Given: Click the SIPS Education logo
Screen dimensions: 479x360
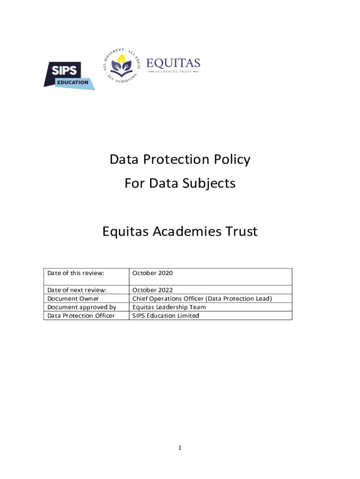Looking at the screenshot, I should click(69, 76).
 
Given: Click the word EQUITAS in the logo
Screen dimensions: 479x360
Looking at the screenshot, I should click(173, 63).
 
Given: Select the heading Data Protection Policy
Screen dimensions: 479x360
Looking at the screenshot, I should click(180, 160).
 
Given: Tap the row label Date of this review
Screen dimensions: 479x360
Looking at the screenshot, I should click(76, 273).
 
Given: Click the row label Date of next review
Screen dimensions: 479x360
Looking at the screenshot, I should click(77, 290).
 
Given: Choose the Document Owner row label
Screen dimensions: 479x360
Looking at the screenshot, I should click(73, 298).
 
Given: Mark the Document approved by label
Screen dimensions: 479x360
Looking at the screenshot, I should click(82, 307).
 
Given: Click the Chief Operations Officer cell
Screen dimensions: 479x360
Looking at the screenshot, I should click(202, 298).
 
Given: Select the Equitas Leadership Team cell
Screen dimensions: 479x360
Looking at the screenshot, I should click(169, 307).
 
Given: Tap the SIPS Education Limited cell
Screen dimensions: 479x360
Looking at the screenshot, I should click(166, 315).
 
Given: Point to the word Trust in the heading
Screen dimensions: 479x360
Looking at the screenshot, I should click(240, 232).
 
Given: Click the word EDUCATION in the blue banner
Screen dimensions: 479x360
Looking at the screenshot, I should click(72, 82).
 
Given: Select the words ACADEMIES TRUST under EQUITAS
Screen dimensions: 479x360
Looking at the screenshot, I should click(173, 72).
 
